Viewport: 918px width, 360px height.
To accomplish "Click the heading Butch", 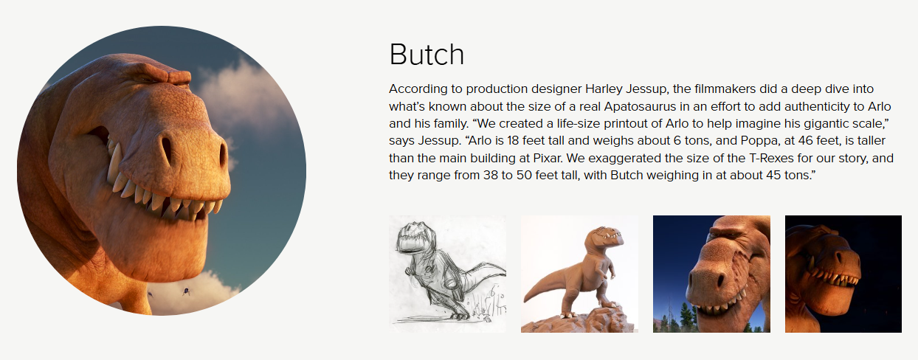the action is click(427, 55).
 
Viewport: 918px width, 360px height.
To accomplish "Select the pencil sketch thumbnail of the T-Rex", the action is click(447, 274).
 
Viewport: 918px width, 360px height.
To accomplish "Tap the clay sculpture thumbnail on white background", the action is click(579, 274).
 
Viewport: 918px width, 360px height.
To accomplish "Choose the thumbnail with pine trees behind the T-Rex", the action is click(711, 274).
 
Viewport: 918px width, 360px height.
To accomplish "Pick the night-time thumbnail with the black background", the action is click(843, 274).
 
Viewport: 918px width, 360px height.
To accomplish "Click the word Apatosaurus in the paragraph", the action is click(640, 106).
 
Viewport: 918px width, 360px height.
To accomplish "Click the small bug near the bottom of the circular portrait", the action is click(186, 291).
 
